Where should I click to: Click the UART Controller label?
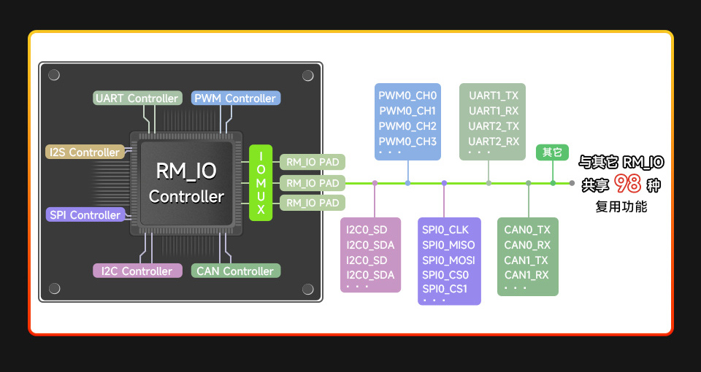(x=137, y=98)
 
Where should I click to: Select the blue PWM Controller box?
(x=235, y=98)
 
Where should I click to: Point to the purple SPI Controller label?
(x=85, y=215)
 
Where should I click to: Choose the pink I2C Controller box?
(x=137, y=271)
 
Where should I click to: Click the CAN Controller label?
(x=235, y=271)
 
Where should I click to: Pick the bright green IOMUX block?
(x=261, y=183)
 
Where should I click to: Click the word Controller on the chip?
(x=186, y=197)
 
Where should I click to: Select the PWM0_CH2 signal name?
(x=407, y=126)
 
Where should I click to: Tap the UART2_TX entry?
(x=494, y=126)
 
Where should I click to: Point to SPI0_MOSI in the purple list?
(x=448, y=260)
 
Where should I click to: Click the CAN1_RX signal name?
(x=526, y=275)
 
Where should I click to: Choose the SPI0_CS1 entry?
(x=445, y=290)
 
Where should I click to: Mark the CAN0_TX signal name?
(x=527, y=230)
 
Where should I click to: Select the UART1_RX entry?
(x=494, y=111)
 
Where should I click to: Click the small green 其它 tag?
(x=553, y=152)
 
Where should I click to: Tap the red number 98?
(x=627, y=184)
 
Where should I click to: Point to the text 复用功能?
(x=621, y=207)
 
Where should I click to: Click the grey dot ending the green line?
(x=572, y=183)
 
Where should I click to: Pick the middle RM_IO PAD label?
(x=313, y=183)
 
